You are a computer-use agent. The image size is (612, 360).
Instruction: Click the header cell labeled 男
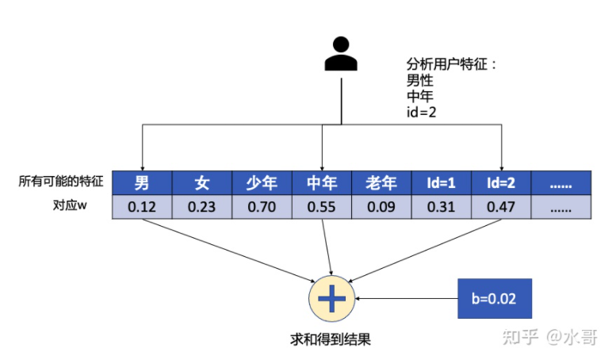point(142,184)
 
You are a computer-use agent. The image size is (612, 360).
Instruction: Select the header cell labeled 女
point(202,184)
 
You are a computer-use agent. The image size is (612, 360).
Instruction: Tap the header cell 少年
point(262,184)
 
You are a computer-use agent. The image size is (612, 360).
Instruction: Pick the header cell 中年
point(322,184)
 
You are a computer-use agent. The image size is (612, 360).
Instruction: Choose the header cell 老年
point(381,184)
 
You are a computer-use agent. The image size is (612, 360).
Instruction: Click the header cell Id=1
point(442,184)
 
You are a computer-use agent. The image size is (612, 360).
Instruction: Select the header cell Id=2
point(501,184)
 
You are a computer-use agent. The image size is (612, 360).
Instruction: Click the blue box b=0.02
point(494,299)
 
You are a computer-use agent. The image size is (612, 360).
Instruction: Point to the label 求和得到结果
point(331,339)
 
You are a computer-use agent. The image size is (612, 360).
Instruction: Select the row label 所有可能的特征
point(62,182)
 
